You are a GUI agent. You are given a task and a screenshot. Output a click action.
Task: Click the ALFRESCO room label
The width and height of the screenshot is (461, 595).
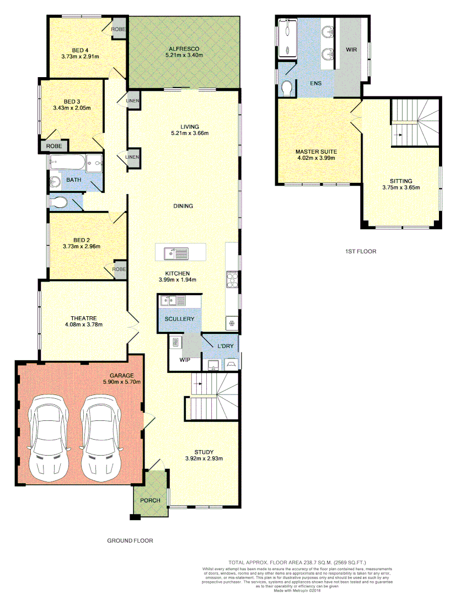point(184,49)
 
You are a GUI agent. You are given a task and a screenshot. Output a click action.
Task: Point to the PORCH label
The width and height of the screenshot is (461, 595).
point(150,500)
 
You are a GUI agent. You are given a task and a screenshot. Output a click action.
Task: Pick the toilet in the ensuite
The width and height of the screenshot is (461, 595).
point(287,88)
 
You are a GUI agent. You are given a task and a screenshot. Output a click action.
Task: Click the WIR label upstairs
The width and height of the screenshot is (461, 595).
point(351,50)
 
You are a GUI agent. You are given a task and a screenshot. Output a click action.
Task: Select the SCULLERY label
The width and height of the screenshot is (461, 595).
point(179,319)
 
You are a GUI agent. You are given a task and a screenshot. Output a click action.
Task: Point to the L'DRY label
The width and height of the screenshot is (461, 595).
point(226,346)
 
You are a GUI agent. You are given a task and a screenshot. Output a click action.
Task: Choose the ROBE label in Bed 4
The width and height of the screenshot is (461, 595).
point(119,29)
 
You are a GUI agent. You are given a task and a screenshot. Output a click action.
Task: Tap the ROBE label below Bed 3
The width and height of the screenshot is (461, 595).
point(54,146)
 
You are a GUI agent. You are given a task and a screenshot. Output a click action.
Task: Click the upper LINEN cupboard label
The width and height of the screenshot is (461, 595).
point(133,100)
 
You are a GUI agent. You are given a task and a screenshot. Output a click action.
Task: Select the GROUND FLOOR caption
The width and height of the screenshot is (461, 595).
point(130,541)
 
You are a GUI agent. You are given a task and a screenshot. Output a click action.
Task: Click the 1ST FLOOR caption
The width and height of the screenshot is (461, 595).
point(360,251)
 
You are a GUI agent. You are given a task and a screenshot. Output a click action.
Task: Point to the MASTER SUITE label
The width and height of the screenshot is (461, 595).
point(316,152)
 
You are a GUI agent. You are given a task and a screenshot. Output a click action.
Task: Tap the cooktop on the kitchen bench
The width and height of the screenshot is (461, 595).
point(232,279)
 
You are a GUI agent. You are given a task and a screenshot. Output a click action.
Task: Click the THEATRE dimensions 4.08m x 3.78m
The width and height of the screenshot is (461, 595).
point(84,324)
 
